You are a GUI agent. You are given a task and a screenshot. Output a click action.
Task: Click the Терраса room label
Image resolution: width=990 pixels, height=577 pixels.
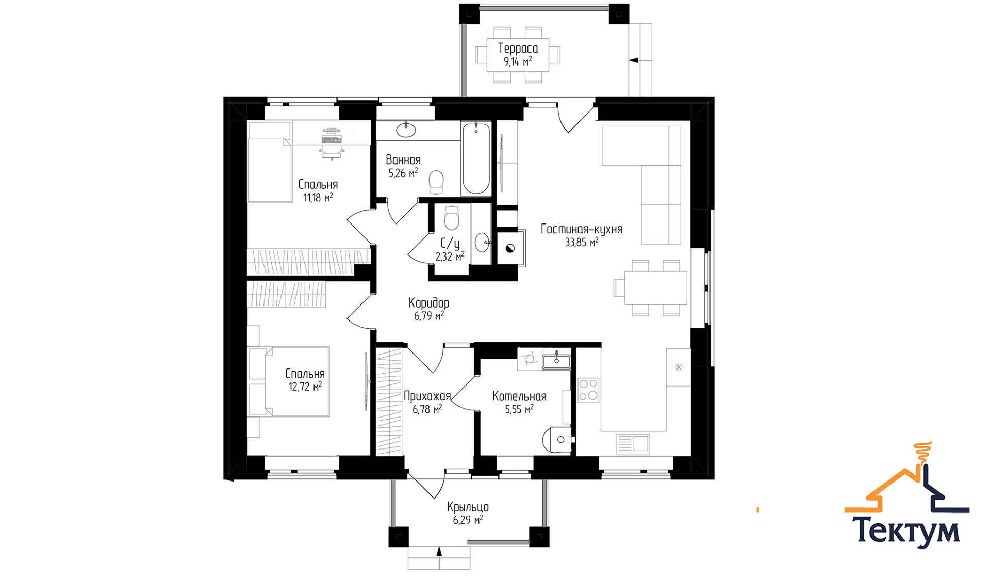(518, 49)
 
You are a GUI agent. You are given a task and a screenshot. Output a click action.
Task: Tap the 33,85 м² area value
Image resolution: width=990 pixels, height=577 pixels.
(582, 242)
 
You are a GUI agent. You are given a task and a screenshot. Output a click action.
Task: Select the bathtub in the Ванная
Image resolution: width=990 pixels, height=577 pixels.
(475, 158)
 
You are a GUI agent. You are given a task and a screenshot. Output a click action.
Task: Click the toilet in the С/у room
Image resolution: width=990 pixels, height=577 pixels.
(452, 218)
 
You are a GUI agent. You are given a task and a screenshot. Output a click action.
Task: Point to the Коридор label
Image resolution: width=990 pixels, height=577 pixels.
(429, 303)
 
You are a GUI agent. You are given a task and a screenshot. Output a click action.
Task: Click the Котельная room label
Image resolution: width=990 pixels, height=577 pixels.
(519, 396)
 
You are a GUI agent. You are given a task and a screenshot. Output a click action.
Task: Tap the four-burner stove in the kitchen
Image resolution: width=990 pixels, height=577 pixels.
(588, 390)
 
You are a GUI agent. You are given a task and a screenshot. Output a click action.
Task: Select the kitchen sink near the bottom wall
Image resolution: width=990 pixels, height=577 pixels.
(633, 444)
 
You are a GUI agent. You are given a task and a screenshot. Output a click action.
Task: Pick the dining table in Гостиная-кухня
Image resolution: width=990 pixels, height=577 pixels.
(655, 287)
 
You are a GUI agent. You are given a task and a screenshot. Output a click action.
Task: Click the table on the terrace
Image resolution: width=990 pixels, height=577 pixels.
(518, 55)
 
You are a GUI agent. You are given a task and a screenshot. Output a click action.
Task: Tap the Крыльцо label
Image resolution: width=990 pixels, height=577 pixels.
(468, 507)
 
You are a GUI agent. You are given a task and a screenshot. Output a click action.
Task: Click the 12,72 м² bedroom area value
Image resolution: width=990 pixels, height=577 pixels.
(305, 386)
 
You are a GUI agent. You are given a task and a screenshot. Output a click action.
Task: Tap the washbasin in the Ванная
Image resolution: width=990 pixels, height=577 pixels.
(406, 129)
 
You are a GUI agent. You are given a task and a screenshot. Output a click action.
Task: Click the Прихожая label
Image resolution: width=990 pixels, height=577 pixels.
(427, 396)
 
